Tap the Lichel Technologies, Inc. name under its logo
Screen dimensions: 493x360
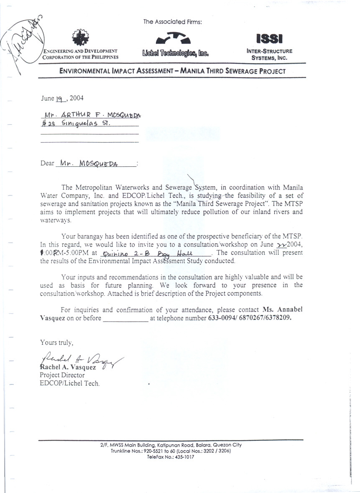point(175,53)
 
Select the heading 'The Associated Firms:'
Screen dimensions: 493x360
point(172,22)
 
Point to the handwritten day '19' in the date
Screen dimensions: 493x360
point(61,99)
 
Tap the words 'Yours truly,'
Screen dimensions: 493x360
point(57,342)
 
